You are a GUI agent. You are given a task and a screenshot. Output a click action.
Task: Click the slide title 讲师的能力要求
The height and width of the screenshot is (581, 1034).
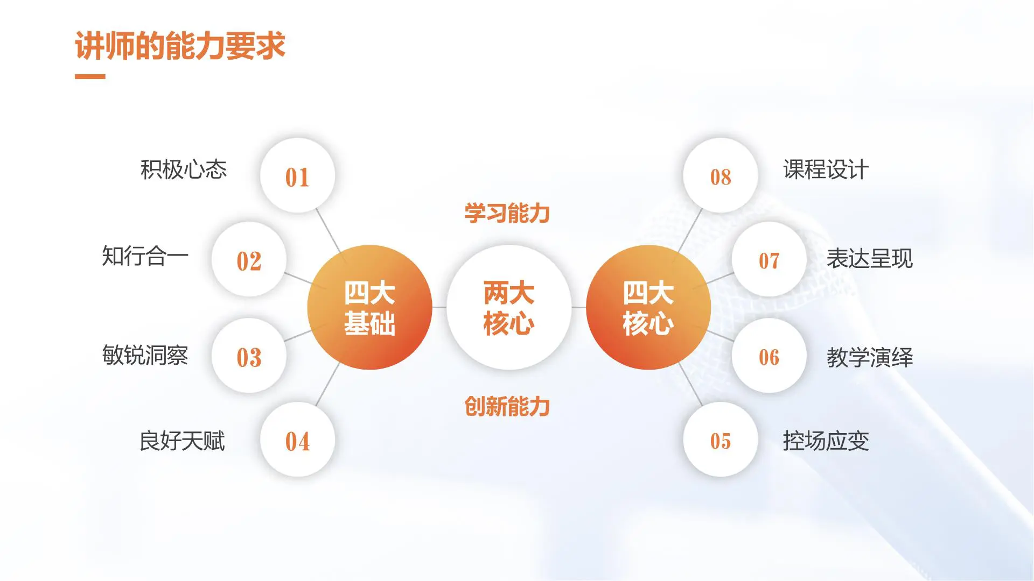click(x=180, y=46)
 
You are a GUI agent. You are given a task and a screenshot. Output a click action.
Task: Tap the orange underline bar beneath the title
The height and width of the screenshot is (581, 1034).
click(x=90, y=77)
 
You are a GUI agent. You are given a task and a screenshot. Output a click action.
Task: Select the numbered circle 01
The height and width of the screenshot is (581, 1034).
click(x=297, y=176)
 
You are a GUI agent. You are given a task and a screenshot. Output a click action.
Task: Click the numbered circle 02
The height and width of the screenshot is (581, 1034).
click(x=249, y=260)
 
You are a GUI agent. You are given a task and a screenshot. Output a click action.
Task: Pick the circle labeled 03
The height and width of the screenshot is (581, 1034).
click(x=249, y=356)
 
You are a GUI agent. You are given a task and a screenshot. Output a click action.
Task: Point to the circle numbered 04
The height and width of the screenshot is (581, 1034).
click(x=297, y=440)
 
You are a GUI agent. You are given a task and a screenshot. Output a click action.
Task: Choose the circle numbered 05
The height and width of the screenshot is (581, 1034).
click(x=721, y=440)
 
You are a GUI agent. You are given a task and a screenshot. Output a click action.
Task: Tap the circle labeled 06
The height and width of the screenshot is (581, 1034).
click(x=769, y=356)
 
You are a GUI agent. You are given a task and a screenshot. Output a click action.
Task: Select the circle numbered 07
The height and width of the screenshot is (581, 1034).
click(x=769, y=260)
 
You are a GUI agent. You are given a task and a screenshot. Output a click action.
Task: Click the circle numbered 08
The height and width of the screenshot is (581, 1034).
click(x=721, y=176)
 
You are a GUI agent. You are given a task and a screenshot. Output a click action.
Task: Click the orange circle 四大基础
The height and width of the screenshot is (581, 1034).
click(x=369, y=307)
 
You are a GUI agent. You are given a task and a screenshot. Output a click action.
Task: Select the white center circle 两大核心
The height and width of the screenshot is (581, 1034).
click(x=509, y=307)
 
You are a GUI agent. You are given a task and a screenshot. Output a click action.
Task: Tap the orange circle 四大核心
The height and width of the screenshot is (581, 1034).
click(x=648, y=307)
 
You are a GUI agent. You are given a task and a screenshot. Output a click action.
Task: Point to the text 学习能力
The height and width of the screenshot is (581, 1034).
click(x=507, y=214)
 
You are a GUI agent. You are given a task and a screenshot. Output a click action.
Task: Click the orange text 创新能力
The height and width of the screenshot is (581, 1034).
click(x=507, y=406)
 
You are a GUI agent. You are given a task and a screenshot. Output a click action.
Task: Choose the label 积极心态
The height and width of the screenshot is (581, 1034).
click(x=184, y=169)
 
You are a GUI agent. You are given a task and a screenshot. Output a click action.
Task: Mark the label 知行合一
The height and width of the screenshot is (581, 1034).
click(x=145, y=256)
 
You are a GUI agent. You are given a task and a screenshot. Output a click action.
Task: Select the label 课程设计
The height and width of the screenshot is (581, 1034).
click(x=826, y=169)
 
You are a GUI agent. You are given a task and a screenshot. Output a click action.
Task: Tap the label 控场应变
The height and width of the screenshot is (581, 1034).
click(x=826, y=441)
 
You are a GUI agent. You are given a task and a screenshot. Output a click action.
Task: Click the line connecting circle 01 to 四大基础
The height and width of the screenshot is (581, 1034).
click(x=329, y=231)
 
